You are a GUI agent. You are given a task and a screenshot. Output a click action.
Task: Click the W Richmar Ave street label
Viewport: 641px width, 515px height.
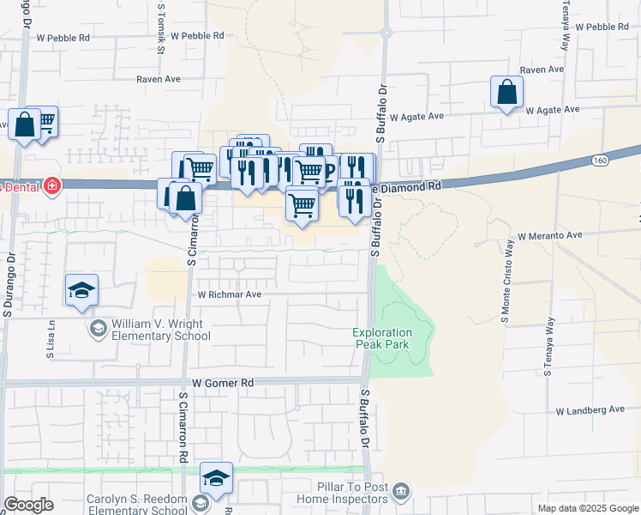tap(229, 294)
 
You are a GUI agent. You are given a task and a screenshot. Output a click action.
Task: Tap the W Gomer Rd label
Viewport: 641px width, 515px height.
tap(224, 383)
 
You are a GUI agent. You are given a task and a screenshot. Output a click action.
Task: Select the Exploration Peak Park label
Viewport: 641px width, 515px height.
tap(383, 338)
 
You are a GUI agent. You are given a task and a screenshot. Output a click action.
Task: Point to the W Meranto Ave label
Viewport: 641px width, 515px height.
tap(550, 234)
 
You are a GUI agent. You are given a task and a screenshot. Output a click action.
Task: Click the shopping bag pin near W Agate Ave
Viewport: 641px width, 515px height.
tap(506, 93)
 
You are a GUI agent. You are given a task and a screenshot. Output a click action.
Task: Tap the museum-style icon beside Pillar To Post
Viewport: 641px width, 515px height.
tap(401, 492)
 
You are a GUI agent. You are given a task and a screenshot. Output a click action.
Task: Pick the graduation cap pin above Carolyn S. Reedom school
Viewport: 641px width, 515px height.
tap(217, 478)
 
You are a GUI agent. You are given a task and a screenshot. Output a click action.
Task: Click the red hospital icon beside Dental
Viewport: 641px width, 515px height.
tap(52, 185)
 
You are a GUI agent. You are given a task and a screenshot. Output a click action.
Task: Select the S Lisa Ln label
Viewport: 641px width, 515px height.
tap(51, 341)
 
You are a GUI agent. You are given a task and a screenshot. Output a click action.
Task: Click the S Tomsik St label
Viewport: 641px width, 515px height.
tap(160, 31)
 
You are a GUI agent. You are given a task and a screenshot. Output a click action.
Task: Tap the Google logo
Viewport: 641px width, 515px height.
tap(28, 505)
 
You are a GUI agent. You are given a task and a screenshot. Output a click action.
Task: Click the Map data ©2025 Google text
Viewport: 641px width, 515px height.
tap(587, 508)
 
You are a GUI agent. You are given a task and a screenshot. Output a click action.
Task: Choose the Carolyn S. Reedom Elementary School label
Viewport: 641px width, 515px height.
tap(137, 505)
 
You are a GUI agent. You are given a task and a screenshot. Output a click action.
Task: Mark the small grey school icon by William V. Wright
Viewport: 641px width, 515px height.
tap(98, 329)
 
